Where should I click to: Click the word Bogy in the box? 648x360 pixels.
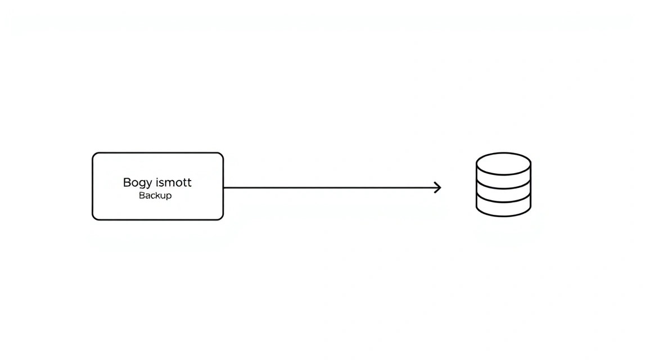point(137,183)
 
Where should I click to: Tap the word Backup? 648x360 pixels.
point(155,196)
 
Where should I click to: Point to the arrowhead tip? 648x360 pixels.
point(441,188)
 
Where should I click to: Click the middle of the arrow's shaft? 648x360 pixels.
point(332,188)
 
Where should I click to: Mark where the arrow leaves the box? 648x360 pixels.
point(223,188)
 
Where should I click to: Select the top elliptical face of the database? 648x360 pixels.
point(503,163)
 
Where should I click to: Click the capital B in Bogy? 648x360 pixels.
point(127,182)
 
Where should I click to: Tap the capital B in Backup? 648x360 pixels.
point(141,195)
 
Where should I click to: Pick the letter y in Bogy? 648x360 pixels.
point(148,184)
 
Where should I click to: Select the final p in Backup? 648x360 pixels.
point(169,197)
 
